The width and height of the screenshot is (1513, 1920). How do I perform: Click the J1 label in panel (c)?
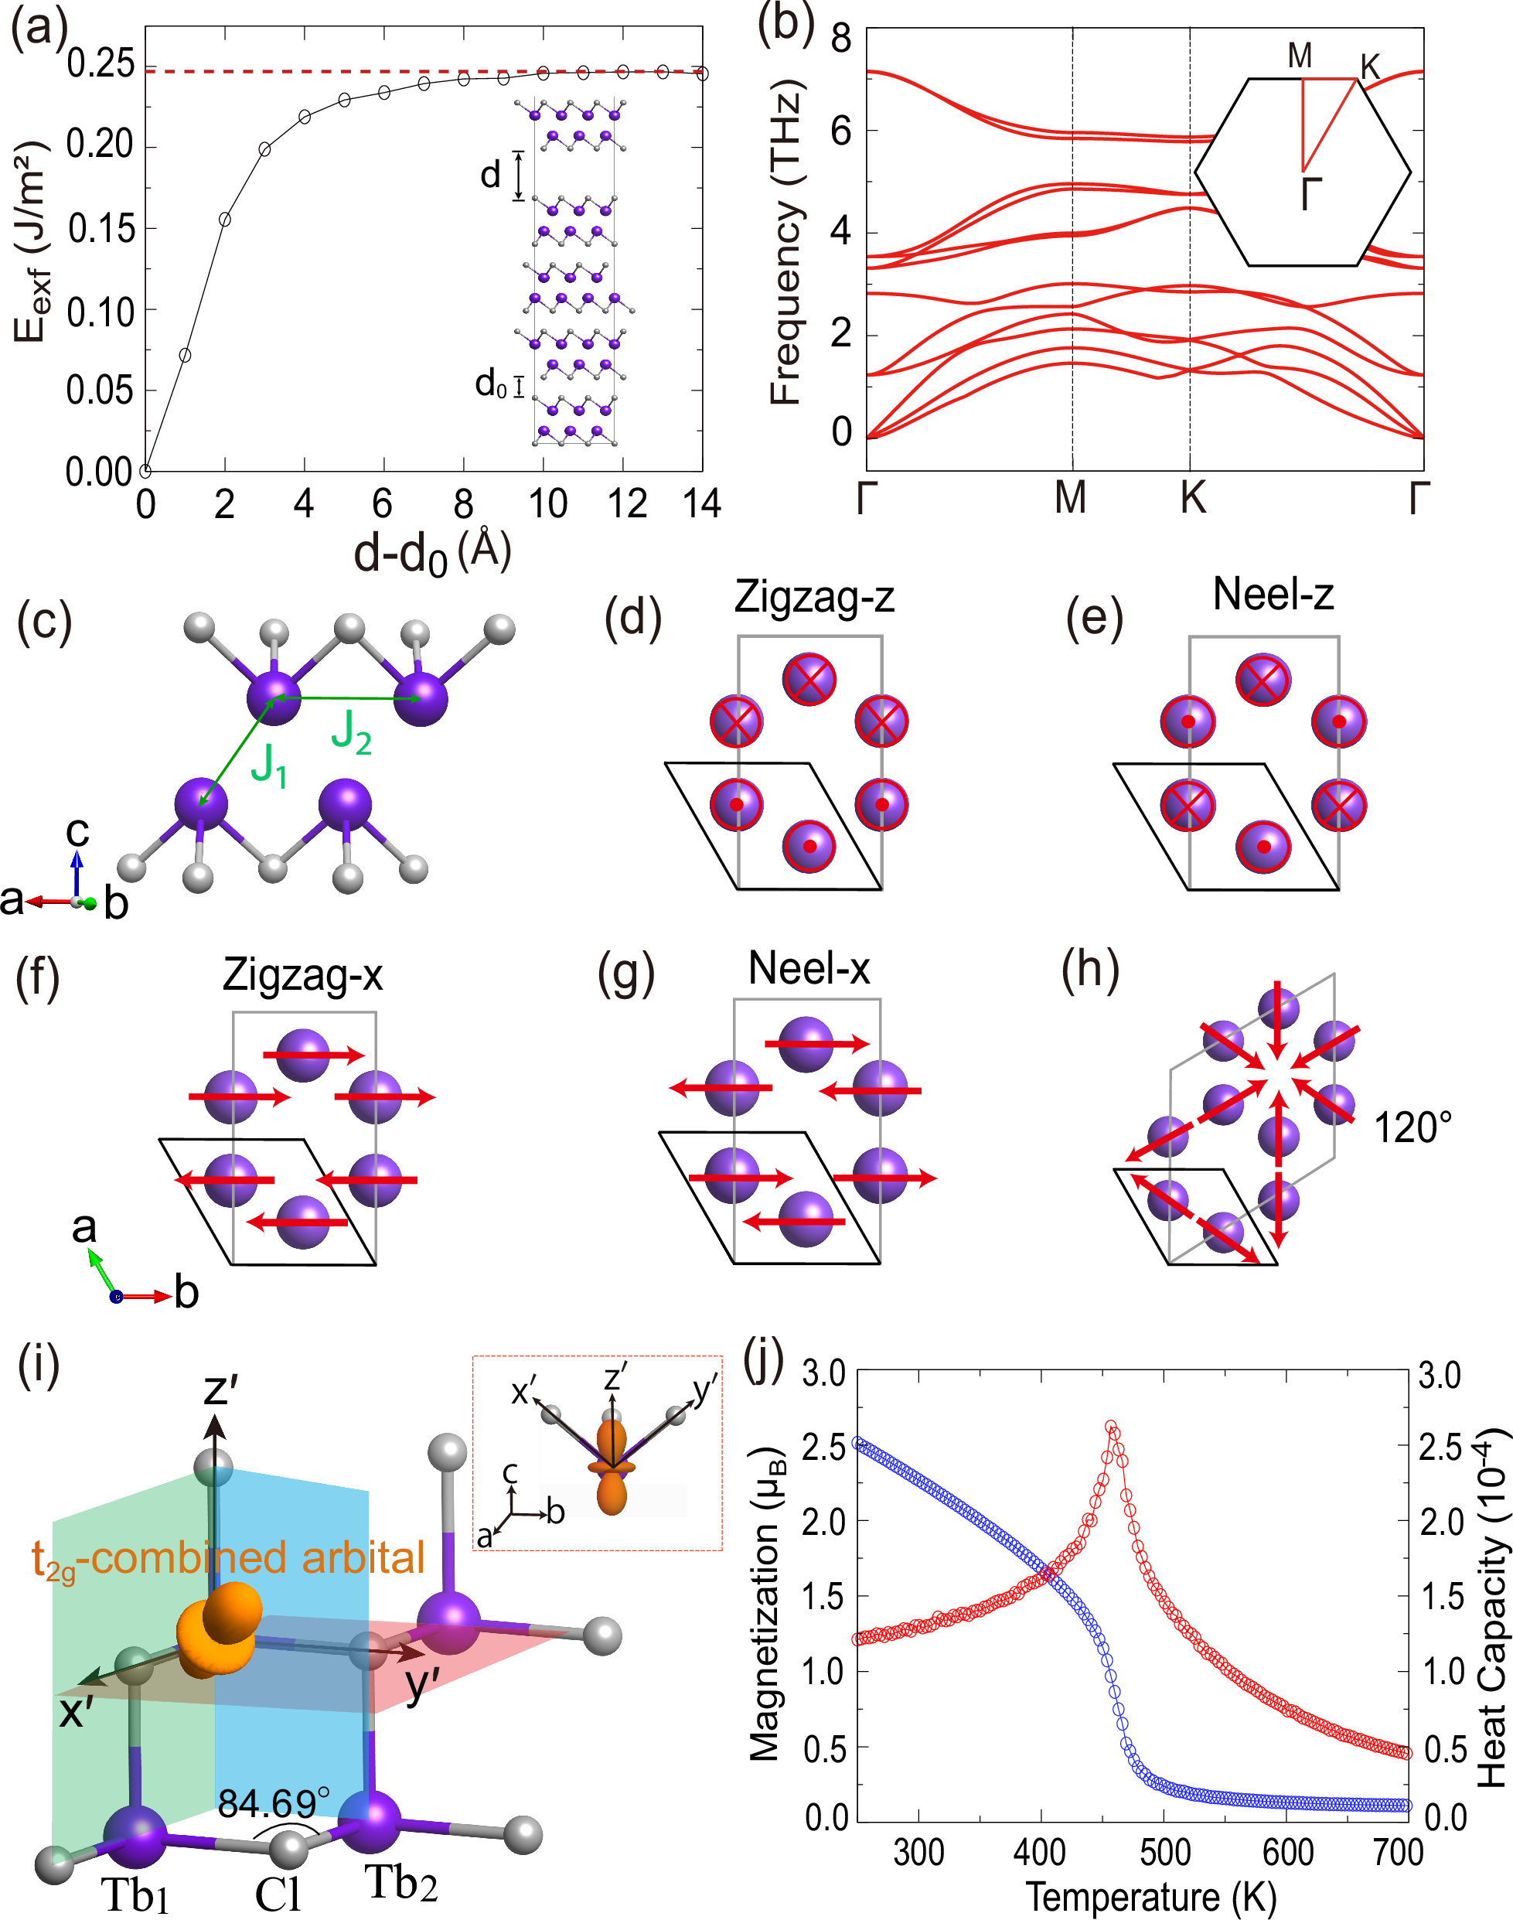coord(268,766)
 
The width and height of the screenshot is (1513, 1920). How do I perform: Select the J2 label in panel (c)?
coord(351,733)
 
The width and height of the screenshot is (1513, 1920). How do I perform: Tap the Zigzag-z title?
coord(813,596)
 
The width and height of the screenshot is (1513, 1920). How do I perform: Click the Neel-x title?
coord(808,967)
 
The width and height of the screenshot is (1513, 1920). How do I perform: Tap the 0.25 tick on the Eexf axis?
coord(100,63)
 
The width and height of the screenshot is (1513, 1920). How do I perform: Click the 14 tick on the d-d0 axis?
coord(701,504)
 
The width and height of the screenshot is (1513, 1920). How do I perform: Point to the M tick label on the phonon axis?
coord(1070,498)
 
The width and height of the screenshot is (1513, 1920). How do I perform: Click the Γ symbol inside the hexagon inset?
coord(1311,193)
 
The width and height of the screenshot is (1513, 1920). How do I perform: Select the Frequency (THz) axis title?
coord(785,242)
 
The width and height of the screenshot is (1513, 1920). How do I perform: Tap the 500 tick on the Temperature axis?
coord(1164,1852)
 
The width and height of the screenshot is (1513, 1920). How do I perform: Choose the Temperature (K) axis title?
coord(1150,1897)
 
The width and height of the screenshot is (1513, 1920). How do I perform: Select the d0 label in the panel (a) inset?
coord(491,384)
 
